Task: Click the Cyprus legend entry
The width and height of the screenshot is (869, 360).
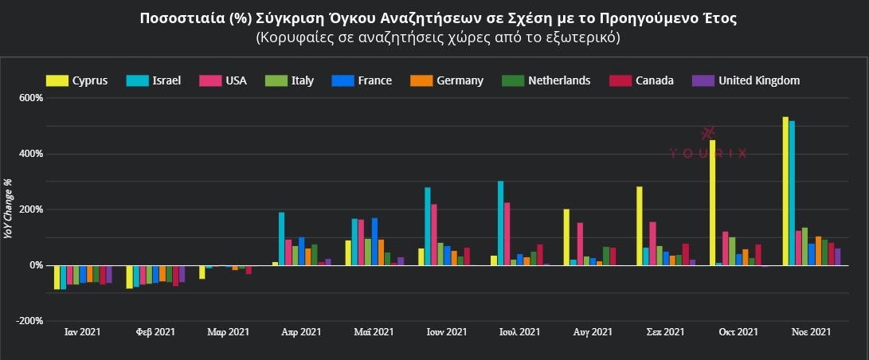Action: coord(76,80)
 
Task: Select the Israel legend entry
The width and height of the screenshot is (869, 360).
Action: coord(155,80)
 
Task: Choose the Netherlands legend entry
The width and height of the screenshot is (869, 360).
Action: coord(546,80)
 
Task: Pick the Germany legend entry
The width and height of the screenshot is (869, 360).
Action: coord(447,80)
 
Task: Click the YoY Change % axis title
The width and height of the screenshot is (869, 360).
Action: coord(9,209)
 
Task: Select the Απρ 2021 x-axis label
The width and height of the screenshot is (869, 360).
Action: coord(300,332)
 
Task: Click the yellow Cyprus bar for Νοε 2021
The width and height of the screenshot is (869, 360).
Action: coord(785,191)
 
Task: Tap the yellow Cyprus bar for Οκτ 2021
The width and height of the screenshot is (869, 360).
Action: coord(712,203)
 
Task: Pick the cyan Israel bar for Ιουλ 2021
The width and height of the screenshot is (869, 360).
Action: coord(500,223)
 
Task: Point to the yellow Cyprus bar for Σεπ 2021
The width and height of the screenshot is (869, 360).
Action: coord(640,226)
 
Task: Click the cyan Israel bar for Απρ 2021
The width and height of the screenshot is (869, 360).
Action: coord(281,239)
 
